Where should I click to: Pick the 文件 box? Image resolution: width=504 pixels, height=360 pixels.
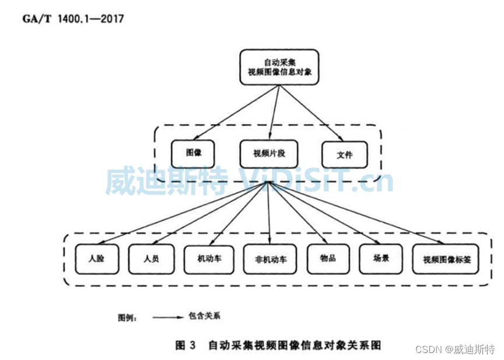pos(345,155)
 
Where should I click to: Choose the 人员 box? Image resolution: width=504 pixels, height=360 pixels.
pos(151,258)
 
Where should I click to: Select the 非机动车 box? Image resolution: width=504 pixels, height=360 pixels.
pos(271,259)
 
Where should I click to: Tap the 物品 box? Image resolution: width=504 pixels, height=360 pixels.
pos(328,259)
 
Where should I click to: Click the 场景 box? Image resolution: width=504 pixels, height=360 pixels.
pos(381,259)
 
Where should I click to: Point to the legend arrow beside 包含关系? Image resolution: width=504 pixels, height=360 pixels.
pos(169,317)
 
